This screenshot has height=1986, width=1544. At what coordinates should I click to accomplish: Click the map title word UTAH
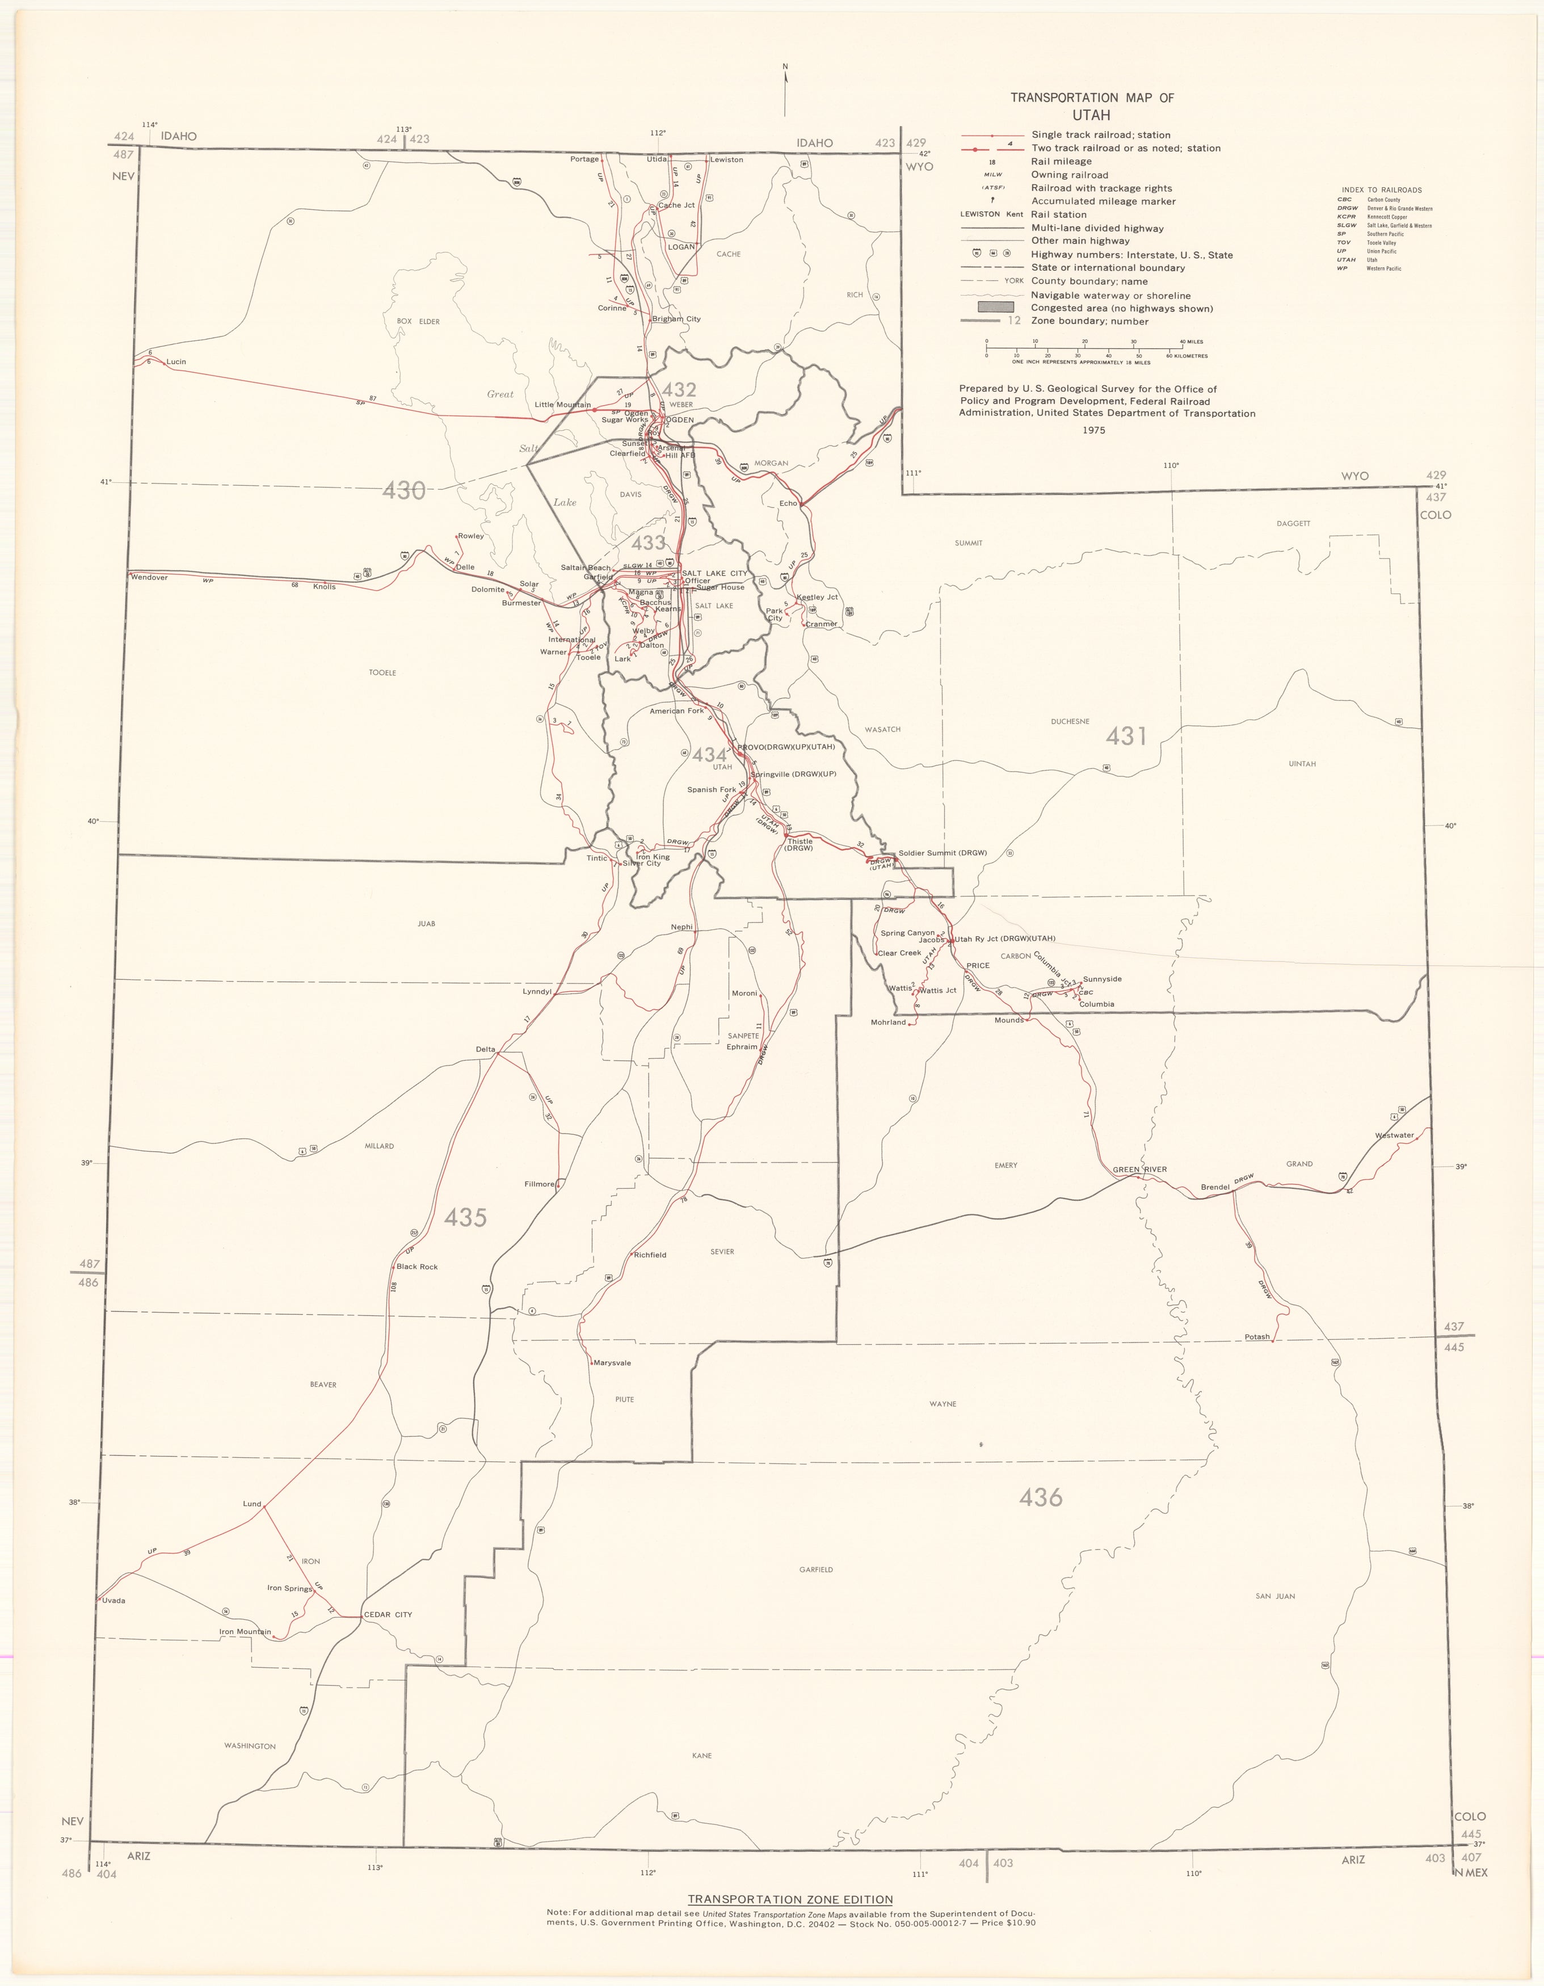coord(1090,116)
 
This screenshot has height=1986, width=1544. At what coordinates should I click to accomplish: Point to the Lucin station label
coord(176,362)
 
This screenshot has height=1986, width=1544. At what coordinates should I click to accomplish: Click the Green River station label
coord(1139,1169)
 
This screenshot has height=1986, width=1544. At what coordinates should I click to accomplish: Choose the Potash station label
coord(1257,1337)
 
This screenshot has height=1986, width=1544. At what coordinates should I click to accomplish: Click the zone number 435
coord(465,1218)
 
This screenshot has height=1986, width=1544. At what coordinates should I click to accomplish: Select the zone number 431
coord(1126,735)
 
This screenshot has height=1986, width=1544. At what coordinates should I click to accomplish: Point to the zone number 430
coord(403,491)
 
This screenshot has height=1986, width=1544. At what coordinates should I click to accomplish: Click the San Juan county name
coord(1275,1596)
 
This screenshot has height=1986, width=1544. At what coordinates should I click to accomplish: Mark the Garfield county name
coord(815,1570)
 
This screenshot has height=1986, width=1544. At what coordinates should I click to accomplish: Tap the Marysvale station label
coord(611,1363)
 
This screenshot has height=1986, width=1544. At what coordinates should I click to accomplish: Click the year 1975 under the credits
coord(1094,430)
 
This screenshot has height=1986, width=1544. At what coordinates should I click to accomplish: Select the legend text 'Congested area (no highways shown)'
coord(1121,308)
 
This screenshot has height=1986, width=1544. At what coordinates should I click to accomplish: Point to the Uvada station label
coord(113,1601)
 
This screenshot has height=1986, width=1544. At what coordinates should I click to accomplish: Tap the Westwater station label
coord(1394,1135)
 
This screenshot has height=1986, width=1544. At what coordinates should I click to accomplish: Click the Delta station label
coord(486,1049)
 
